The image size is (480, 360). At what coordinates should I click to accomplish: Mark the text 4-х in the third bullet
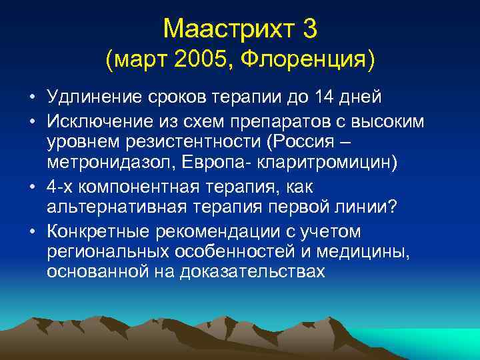click(x=61, y=187)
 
